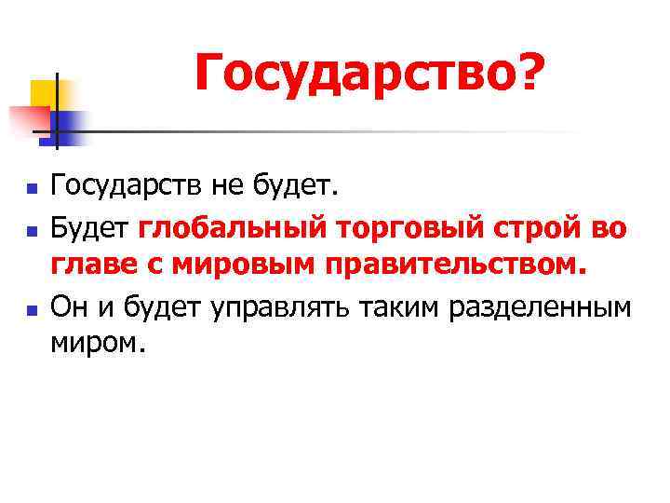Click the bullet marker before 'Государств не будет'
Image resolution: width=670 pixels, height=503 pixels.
tap(31, 189)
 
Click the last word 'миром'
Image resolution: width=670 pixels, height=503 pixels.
tap(98, 343)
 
